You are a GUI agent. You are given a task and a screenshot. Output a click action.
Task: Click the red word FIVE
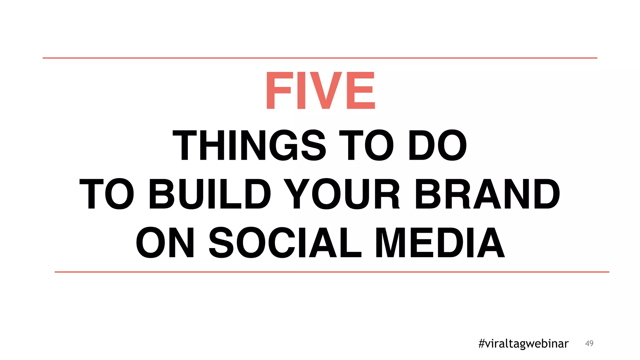(320, 90)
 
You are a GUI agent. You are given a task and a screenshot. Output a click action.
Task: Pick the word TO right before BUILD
(107, 194)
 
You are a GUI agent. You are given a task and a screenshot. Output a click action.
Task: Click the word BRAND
(487, 194)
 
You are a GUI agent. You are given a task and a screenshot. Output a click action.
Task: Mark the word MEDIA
(440, 242)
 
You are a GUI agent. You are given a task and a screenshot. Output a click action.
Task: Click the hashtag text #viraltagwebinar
(523, 343)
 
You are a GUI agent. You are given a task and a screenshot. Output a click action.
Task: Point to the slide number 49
(589, 343)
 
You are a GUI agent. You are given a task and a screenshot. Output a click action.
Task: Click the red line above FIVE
(320, 58)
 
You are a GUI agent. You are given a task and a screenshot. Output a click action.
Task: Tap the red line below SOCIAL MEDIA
(332, 272)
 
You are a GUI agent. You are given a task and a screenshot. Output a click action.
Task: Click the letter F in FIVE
(279, 90)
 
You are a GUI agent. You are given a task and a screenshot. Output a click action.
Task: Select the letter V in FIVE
(326, 90)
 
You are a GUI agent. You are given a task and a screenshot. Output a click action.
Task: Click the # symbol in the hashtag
(482, 343)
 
